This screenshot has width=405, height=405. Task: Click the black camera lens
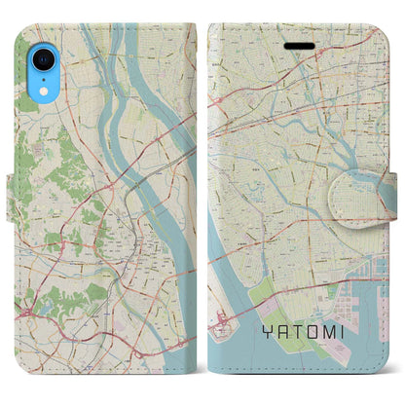pyautogui.click(x=40, y=59)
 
